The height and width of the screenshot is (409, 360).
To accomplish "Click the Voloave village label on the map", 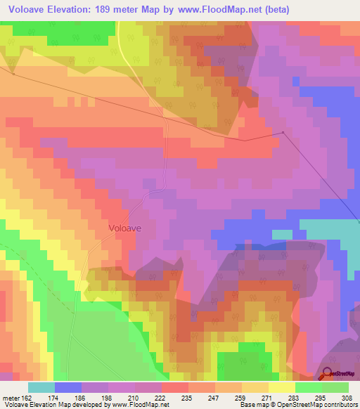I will (127, 228).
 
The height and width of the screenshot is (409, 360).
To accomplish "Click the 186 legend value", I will (69, 398).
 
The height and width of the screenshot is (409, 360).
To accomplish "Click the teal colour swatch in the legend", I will (41, 387).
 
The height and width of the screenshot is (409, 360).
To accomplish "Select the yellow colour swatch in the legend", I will (282, 387).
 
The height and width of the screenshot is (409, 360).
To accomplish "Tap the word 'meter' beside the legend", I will (11, 398).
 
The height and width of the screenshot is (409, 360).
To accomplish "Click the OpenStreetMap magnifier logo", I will (328, 375).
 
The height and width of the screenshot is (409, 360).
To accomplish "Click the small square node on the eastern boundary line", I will (283, 132).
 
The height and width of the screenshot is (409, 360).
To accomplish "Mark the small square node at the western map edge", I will (13, 72).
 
